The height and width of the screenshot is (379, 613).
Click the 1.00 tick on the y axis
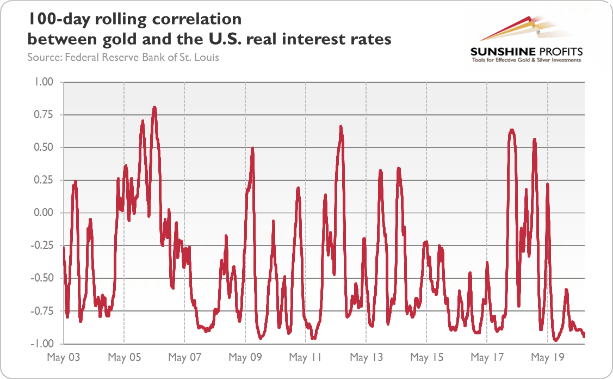click(42, 82)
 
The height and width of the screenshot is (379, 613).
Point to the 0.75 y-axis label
click(42, 115)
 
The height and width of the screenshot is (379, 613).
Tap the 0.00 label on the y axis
click(42, 213)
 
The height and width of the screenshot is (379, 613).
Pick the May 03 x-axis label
click(64, 358)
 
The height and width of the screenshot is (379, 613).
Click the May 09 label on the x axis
click(245, 358)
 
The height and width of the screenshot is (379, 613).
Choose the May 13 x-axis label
click(366, 358)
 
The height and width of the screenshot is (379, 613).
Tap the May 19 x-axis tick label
click(547, 358)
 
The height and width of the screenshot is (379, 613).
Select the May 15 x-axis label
click(426, 358)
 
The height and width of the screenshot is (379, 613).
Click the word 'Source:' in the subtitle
click(44, 57)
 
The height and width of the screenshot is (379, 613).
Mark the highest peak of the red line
click(154, 108)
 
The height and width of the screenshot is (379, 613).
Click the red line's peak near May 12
click(341, 127)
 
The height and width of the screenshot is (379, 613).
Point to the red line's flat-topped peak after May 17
click(511, 131)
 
